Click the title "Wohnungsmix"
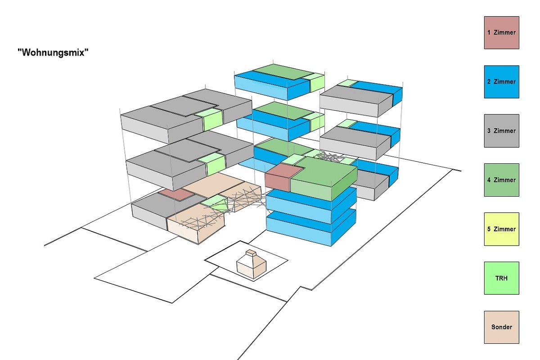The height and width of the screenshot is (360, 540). click(x=53, y=52)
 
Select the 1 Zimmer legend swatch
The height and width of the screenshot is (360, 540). click(x=501, y=32)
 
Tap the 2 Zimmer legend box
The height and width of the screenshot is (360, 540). click(x=501, y=82)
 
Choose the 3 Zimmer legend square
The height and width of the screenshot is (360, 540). click(x=501, y=130)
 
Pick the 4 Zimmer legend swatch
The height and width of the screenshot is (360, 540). click(x=501, y=180)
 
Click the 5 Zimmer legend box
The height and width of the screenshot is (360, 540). click(x=501, y=229)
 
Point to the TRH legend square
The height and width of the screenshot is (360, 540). click(x=501, y=278)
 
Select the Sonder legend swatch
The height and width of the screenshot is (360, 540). click(x=501, y=327)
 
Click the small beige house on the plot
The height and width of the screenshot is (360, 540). click(x=251, y=265)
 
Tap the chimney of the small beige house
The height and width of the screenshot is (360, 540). click(x=251, y=253)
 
